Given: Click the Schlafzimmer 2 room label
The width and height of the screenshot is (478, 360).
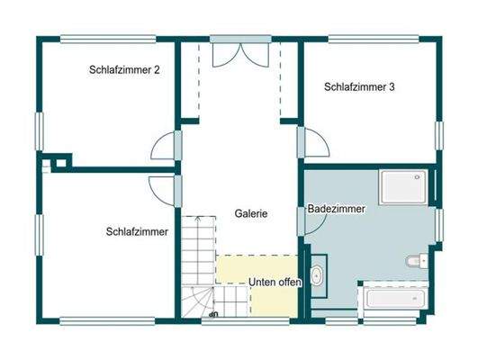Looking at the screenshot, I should point(124,69).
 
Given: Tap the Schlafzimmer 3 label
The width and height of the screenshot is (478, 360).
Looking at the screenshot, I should point(359,87).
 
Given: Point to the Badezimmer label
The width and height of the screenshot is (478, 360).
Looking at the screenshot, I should point(337,209).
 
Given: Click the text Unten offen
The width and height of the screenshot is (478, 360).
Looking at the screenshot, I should point(275,282).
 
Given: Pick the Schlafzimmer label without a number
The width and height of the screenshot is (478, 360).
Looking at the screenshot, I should point(137,232).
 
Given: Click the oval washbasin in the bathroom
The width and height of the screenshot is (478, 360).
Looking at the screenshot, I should point(318,276).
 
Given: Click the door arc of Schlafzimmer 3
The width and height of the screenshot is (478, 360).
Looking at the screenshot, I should point(316,144).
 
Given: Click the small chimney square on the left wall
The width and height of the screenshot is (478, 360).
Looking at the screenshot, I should point(59,162).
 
